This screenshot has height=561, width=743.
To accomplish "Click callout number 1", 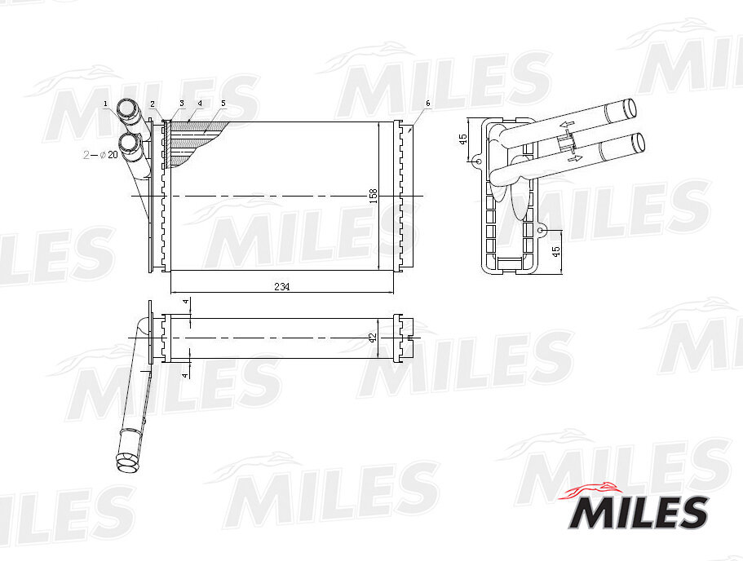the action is [106, 104].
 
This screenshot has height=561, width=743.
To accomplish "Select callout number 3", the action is [182, 103].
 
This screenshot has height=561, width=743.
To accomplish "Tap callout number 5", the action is [223, 103].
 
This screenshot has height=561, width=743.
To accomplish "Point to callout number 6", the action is [428, 103].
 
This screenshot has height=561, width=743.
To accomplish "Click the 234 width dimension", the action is [281, 287].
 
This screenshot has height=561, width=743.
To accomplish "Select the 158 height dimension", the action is [374, 197].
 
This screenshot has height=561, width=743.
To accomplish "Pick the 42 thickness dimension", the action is [373, 338].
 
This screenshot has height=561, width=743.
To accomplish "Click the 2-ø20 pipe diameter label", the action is [100, 154].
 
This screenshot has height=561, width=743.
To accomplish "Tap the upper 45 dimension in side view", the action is [463, 139].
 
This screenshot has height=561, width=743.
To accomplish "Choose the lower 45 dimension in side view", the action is [556, 251].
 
